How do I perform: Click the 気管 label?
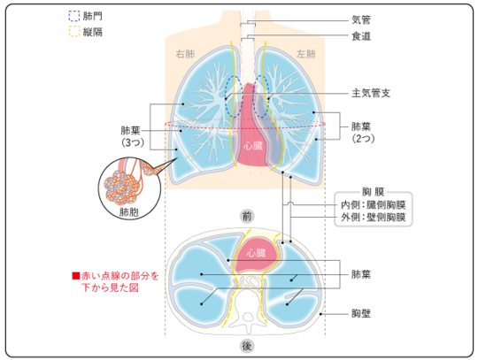click(x=361, y=20)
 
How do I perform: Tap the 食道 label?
click(x=361, y=36)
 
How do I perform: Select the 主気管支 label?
click(x=371, y=93)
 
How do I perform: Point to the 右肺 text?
click(x=185, y=54)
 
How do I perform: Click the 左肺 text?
click(x=306, y=54)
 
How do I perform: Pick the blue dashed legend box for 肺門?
click(x=74, y=16)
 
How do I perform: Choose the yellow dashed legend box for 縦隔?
click(x=74, y=32)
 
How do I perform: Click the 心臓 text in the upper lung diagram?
click(x=253, y=146)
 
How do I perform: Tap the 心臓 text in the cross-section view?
click(x=256, y=253)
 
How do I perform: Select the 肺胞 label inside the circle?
click(x=129, y=212)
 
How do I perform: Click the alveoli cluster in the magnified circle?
click(x=121, y=188)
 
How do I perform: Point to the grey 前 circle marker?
click(x=247, y=216)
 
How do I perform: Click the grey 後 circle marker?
click(x=247, y=347)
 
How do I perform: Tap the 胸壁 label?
click(x=361, y=313)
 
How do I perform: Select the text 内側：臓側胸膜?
click(x=374, y=205)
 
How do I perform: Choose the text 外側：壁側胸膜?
click(x=374, y=218)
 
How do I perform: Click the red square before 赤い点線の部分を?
click(x=76, y=276)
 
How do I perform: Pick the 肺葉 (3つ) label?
click(x=131, y=136)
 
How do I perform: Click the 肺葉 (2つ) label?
click(x=363, y=133)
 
